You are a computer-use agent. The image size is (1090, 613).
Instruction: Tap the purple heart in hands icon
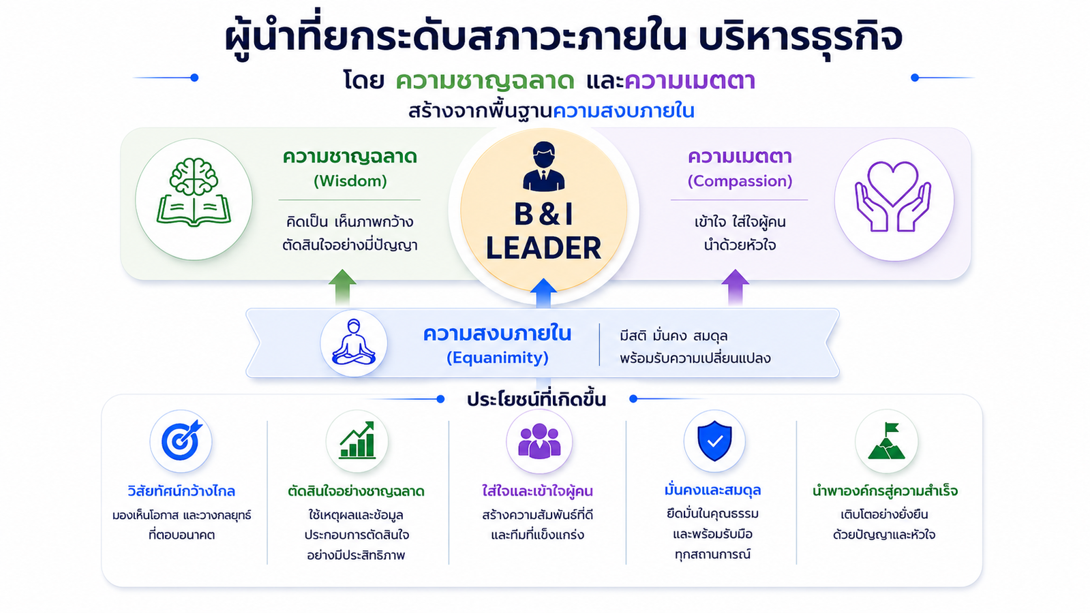tap(893, 196)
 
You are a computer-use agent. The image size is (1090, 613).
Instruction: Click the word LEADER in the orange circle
tap(543, 248)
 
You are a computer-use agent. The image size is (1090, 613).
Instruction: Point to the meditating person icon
tap(354, 342)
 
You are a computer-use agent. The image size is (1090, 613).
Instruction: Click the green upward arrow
tap(342, 287)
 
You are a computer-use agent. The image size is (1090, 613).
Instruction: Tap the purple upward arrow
tap(735, 287)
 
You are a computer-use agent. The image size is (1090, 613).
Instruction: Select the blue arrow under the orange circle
tap(543, 293)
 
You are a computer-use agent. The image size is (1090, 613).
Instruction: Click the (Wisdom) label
tap(350, 181)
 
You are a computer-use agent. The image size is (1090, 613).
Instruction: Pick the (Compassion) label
tap(740, 181)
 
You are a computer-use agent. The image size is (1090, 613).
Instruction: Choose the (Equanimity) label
tap(498, 358)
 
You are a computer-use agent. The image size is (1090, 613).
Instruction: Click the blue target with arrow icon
tap(181, 440)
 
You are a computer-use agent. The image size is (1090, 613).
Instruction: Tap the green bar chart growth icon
tap(357, 440)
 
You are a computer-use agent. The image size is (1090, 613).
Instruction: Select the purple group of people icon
tap(539, 441)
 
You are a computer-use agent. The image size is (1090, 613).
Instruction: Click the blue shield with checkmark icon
tap(714, 441)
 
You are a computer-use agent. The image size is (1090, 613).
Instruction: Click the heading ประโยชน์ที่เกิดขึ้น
tap(536, 400)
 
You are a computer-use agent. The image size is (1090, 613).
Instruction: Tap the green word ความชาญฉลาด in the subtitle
tap(485, 80)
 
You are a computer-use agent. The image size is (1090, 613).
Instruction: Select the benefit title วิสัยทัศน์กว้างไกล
tap(181, 491)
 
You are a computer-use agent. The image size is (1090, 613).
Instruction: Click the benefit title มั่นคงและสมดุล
tap(712, 490)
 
